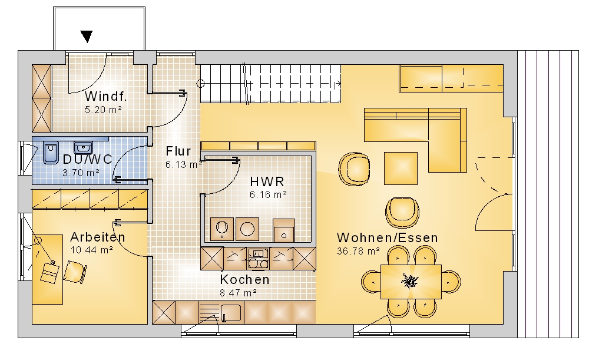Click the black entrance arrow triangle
pos(87,37)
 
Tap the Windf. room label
pos(106,97)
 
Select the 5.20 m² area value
pos(103,110)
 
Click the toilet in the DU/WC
pos(51,153)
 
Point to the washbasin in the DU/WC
pos(83,147)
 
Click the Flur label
pos(178,151)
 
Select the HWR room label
pos(267,182)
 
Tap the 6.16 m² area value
pos(268,194)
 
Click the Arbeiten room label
pos(98,237)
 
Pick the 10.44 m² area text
pos(92,250)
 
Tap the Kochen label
pos(245,280)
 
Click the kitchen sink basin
pos(231,313)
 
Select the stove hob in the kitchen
pos(259,258)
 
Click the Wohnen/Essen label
pos(388,238)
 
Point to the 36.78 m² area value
pos(358,251)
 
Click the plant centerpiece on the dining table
pos(410,281)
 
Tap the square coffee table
pos(401,169)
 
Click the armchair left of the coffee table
pos(354,169)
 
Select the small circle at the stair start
pos(201,84)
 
